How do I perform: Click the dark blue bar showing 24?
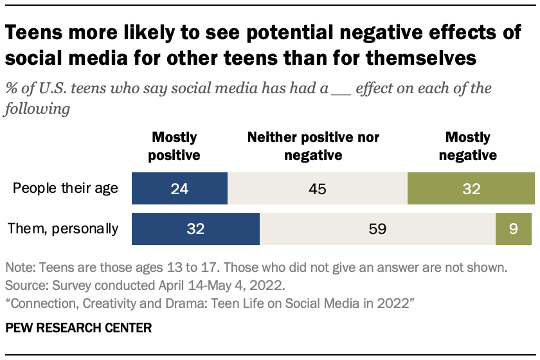click(179, 189)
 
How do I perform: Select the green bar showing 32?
click(471, 189)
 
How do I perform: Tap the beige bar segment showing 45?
click(318, 189)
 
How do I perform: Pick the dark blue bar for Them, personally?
click(195, 229)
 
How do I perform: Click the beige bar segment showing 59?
click(377, 229)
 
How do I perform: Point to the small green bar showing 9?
click(514, 229)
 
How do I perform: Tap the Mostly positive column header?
click(175, 146)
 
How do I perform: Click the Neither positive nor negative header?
click(314, 146)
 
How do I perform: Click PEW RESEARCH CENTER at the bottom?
click(78, 328)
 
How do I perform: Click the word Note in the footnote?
click(17, 266)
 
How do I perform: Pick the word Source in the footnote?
click(22, 282)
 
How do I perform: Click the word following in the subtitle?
click(37, 109)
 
